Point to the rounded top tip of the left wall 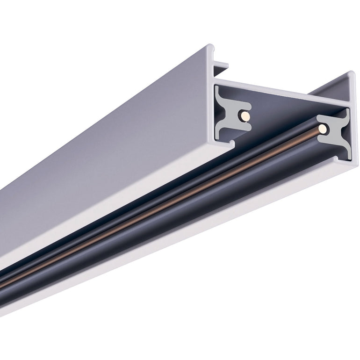210,47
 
